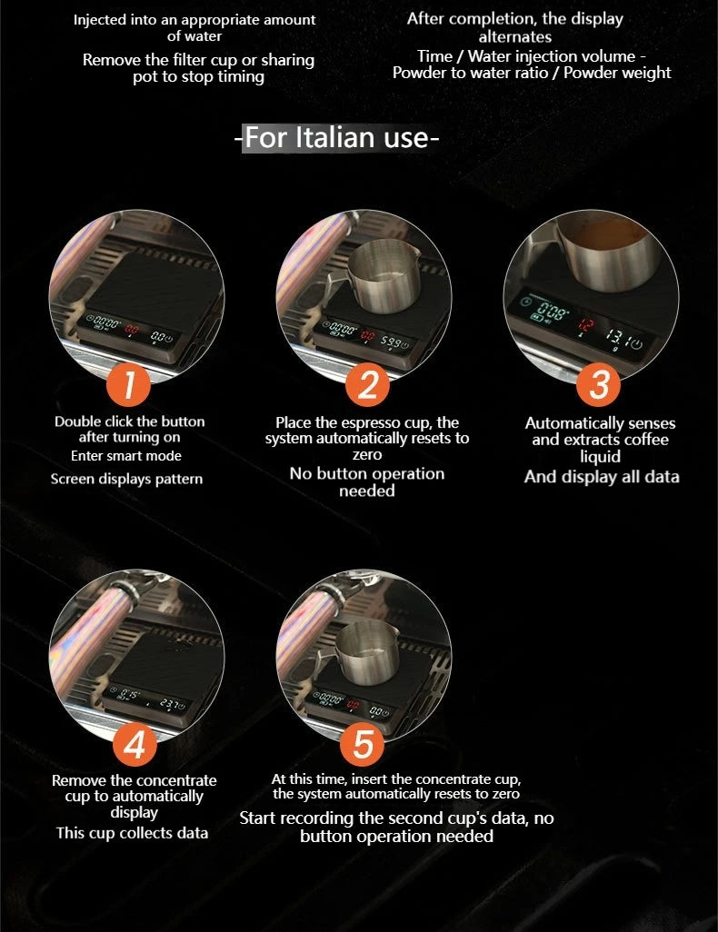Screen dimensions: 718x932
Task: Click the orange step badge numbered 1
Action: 128,384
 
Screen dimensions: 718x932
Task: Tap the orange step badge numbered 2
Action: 367,384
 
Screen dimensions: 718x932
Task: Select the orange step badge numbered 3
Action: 598,384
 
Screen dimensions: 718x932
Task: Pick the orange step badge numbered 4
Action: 135,744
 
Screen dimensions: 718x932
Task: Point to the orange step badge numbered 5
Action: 363,744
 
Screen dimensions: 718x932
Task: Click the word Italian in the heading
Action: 334,137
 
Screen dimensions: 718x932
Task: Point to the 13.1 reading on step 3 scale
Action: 615,340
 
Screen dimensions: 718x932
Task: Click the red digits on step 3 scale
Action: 585,325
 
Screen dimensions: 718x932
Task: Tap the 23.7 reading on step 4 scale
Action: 168,704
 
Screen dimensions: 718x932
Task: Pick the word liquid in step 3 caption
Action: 600,457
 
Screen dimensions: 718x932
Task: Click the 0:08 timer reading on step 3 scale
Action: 553,311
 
